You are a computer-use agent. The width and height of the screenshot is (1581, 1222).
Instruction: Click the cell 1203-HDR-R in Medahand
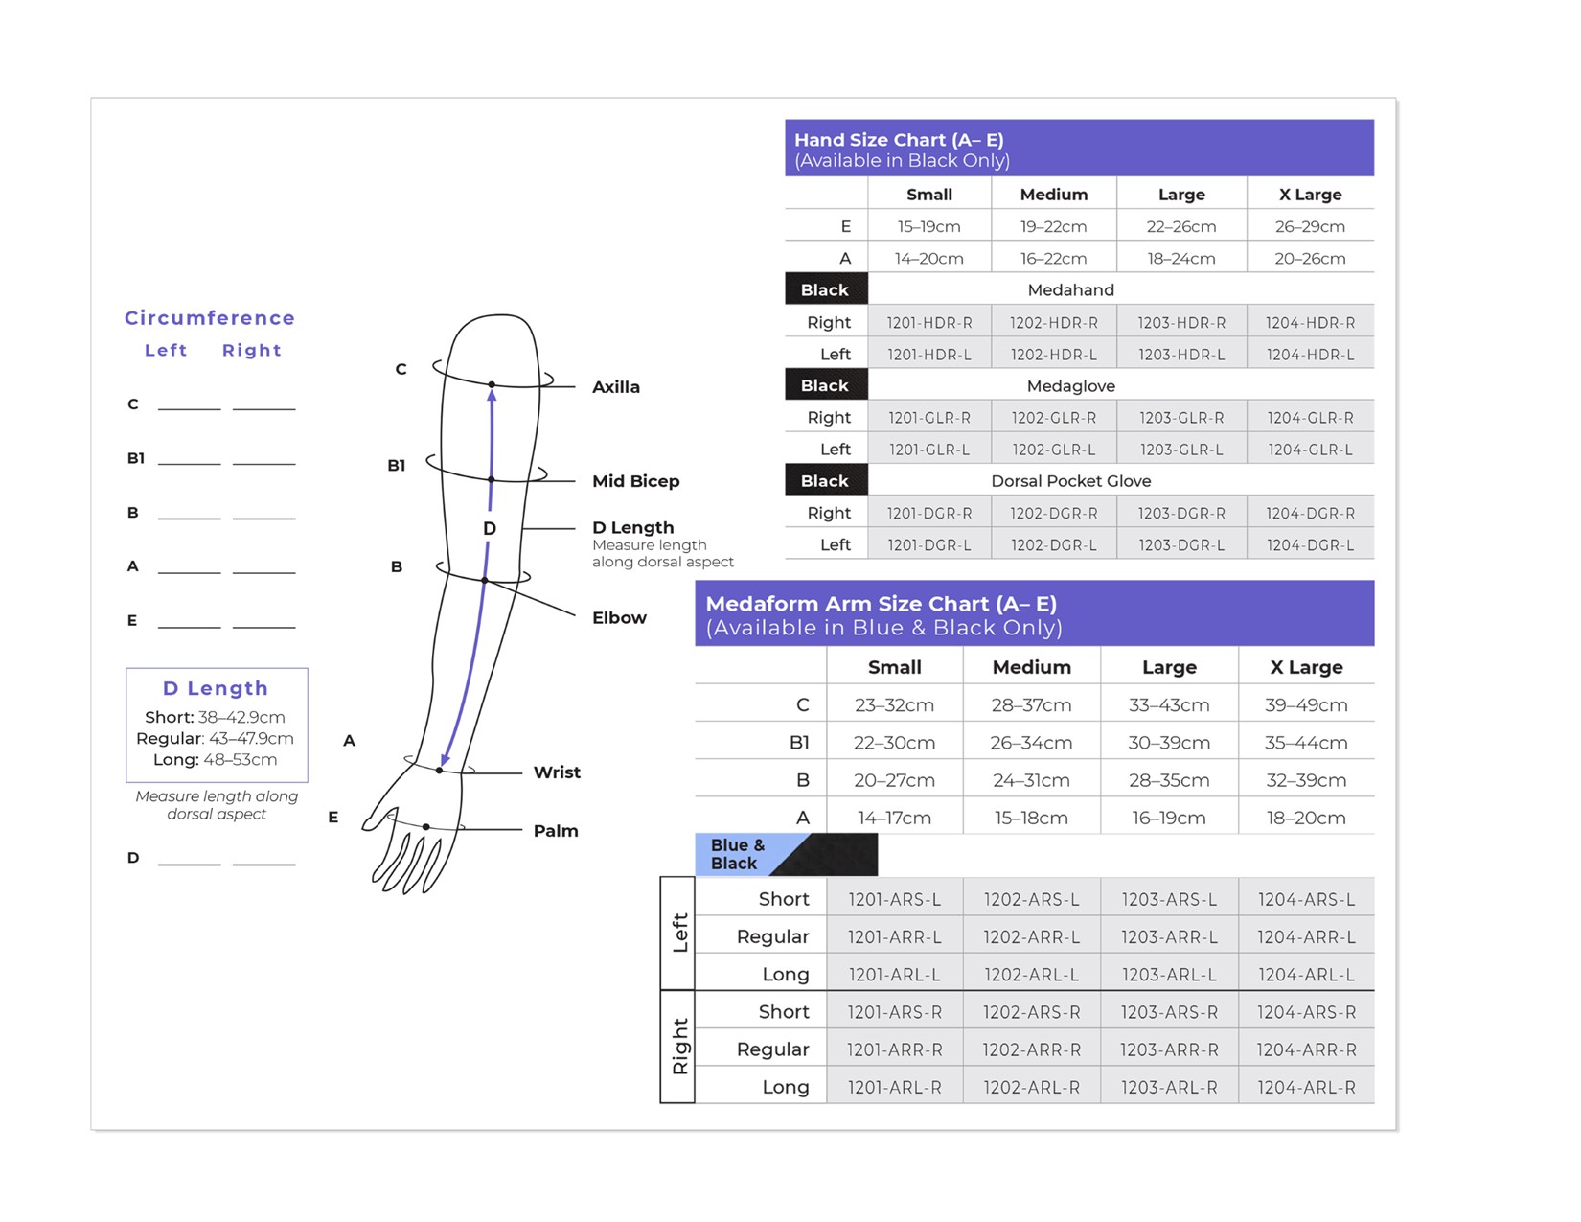click(1180, 323)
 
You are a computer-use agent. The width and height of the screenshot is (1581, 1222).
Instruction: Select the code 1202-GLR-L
click(1054, 450)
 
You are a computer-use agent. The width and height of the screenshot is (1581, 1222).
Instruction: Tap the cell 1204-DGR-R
click(1310, 514)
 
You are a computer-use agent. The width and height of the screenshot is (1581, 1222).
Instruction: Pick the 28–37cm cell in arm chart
click(1031, 705)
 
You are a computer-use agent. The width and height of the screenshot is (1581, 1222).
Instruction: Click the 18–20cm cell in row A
click(1305, 818)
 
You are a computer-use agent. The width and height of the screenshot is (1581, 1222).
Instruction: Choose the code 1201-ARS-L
click(894, 899)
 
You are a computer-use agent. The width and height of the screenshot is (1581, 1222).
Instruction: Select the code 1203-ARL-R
click(1169, 1087)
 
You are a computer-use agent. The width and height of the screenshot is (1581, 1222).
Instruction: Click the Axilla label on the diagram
click(615, 387)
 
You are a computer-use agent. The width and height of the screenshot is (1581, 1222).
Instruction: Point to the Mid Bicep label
click(635, 481)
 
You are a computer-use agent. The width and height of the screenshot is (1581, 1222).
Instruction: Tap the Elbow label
click(619, 618)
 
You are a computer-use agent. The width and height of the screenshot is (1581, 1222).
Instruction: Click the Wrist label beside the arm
click(557, 772)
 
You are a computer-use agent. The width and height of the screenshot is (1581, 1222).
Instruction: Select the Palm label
click(556, 831)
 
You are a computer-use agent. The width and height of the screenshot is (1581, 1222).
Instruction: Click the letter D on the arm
click(490, 529)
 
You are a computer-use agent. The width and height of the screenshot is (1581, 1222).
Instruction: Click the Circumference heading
click(210, 318)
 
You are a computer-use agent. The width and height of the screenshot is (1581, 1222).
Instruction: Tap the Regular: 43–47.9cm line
click(215, 739)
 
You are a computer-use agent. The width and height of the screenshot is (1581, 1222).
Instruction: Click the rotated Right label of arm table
click(679, 1047)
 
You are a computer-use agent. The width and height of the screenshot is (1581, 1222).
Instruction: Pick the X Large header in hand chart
click(1310, 195)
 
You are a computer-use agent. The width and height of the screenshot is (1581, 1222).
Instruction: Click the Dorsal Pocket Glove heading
click(1070, 481)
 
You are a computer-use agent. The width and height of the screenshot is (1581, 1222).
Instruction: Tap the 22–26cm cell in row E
click(1180, 227)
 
